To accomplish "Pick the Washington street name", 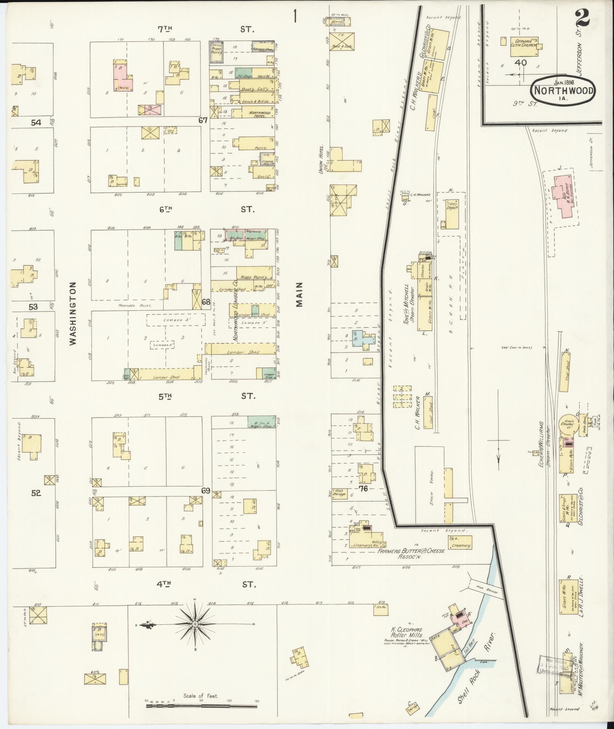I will [73, 313].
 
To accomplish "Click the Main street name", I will [299, 294].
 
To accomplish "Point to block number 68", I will [206, 302].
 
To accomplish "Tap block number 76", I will [364, 488].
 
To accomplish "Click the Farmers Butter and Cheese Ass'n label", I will [411, 554].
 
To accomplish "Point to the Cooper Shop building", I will [266, 373].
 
